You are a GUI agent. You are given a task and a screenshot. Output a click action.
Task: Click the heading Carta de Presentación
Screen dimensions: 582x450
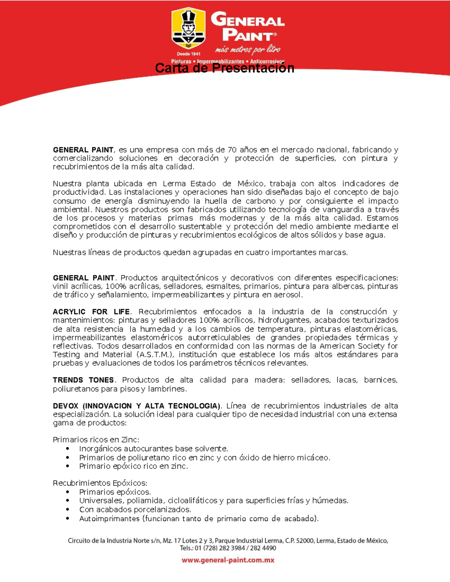(x=224, y=68)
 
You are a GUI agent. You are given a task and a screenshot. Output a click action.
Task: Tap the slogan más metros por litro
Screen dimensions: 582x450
(x=247, y=49)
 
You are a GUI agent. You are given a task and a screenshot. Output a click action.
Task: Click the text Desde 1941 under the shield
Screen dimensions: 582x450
(x=189, y=54)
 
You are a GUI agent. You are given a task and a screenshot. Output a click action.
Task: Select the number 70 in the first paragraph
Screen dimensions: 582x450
(x=232, y=150)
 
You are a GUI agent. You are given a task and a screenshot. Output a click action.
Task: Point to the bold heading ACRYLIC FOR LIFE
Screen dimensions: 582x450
(x=91, y=312)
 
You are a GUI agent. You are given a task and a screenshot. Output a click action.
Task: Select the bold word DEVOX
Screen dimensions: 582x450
(x=66, y=406)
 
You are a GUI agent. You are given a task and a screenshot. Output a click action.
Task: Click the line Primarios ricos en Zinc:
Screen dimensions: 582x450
(x=96, y=440)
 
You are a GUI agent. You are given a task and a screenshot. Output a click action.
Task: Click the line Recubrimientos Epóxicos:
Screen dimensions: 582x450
(x=100, y=483)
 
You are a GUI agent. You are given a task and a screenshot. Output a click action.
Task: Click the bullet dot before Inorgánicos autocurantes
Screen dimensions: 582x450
(x=67, y=449)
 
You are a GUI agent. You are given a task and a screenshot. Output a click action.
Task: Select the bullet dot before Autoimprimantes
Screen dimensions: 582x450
(x=67, y=519)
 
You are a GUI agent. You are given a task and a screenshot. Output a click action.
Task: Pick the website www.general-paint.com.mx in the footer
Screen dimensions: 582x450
(x=228, y=560)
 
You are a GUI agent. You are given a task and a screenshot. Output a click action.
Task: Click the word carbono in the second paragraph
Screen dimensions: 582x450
(x=261, y=201)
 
